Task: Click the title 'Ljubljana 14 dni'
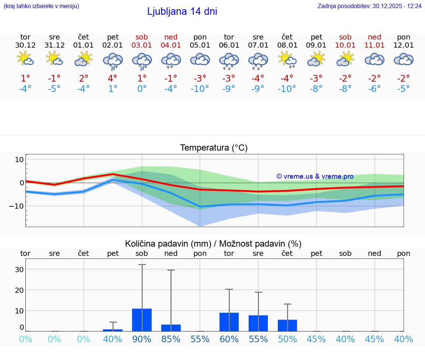tap(182, 11)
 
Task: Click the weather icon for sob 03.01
tap(142, 61)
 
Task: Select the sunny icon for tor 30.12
tap(25, 59)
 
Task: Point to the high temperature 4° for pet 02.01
tap(113, 78)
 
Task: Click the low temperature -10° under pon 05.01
tap(200, 89)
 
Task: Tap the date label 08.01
tap(287, 45)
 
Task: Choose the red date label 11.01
tap(374, 45)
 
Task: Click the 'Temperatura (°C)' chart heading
tap(214, 148)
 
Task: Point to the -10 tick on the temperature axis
tap(17, 206)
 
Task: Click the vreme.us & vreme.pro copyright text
tap(315, 176)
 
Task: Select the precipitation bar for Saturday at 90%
tap(142, 320)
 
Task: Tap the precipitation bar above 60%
tap(229, 322)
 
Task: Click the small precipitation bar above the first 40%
tap(113, 330)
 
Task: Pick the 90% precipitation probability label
tap(142, 339)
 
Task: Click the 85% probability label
tap(171, 339)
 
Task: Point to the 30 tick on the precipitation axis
tap(19, 270)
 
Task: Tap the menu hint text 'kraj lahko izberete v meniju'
tap(41, 6)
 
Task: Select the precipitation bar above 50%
tap(287, 325)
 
